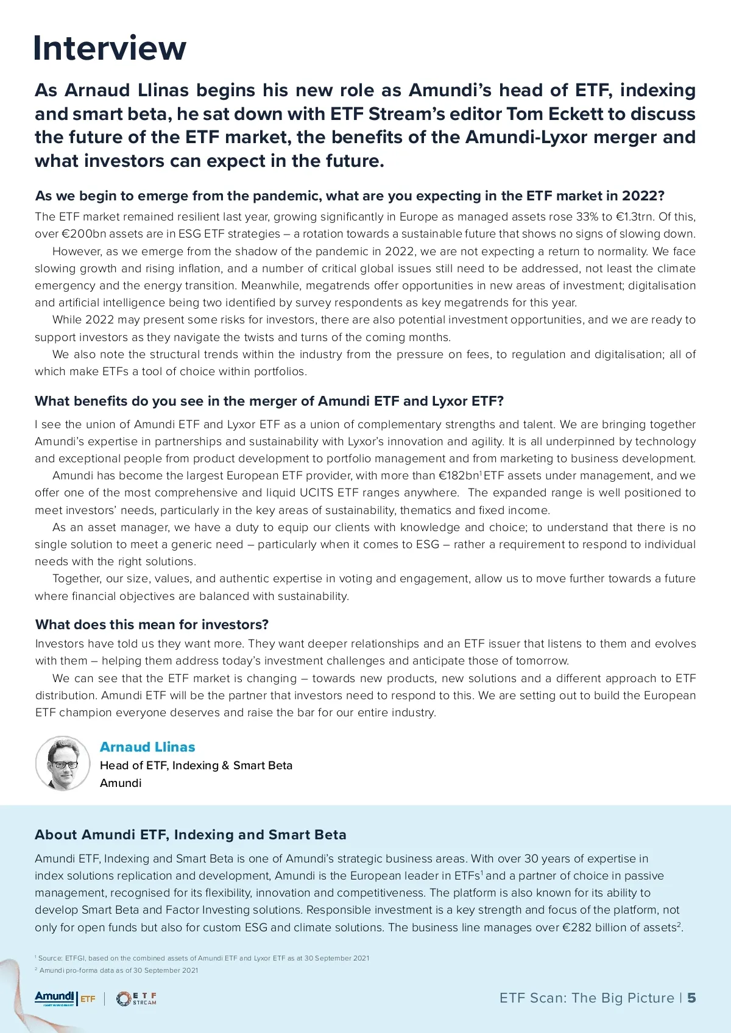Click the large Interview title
[110, 48]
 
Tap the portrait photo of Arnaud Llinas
[63, 763]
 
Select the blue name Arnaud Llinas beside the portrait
[147, 747]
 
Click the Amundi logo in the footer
[55, 998]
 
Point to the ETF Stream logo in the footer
[137, 998]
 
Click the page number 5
[691, 998]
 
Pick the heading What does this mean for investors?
[152, 624]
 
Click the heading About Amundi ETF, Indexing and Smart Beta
[191, 834]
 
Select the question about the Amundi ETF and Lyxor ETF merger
[269, 401]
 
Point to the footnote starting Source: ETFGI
[203, 958]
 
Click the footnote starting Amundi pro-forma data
[118, 970]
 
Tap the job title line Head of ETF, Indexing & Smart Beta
[196, 765]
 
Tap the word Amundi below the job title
[121, 783]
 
